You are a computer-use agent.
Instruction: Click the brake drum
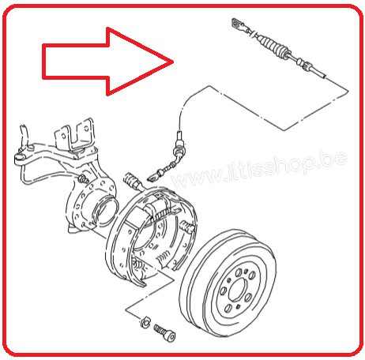228,283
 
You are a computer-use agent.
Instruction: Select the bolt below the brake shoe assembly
165,332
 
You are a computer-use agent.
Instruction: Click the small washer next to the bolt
145,322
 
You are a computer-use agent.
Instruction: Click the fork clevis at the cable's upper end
239,24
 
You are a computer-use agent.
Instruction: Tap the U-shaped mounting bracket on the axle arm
74,136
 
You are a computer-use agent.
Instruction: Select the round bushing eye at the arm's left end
20,159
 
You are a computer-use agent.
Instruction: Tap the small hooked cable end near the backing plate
152,178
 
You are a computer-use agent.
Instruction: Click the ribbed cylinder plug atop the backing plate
131,180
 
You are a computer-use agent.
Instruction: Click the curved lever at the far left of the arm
24,136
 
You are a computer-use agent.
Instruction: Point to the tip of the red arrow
174,62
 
